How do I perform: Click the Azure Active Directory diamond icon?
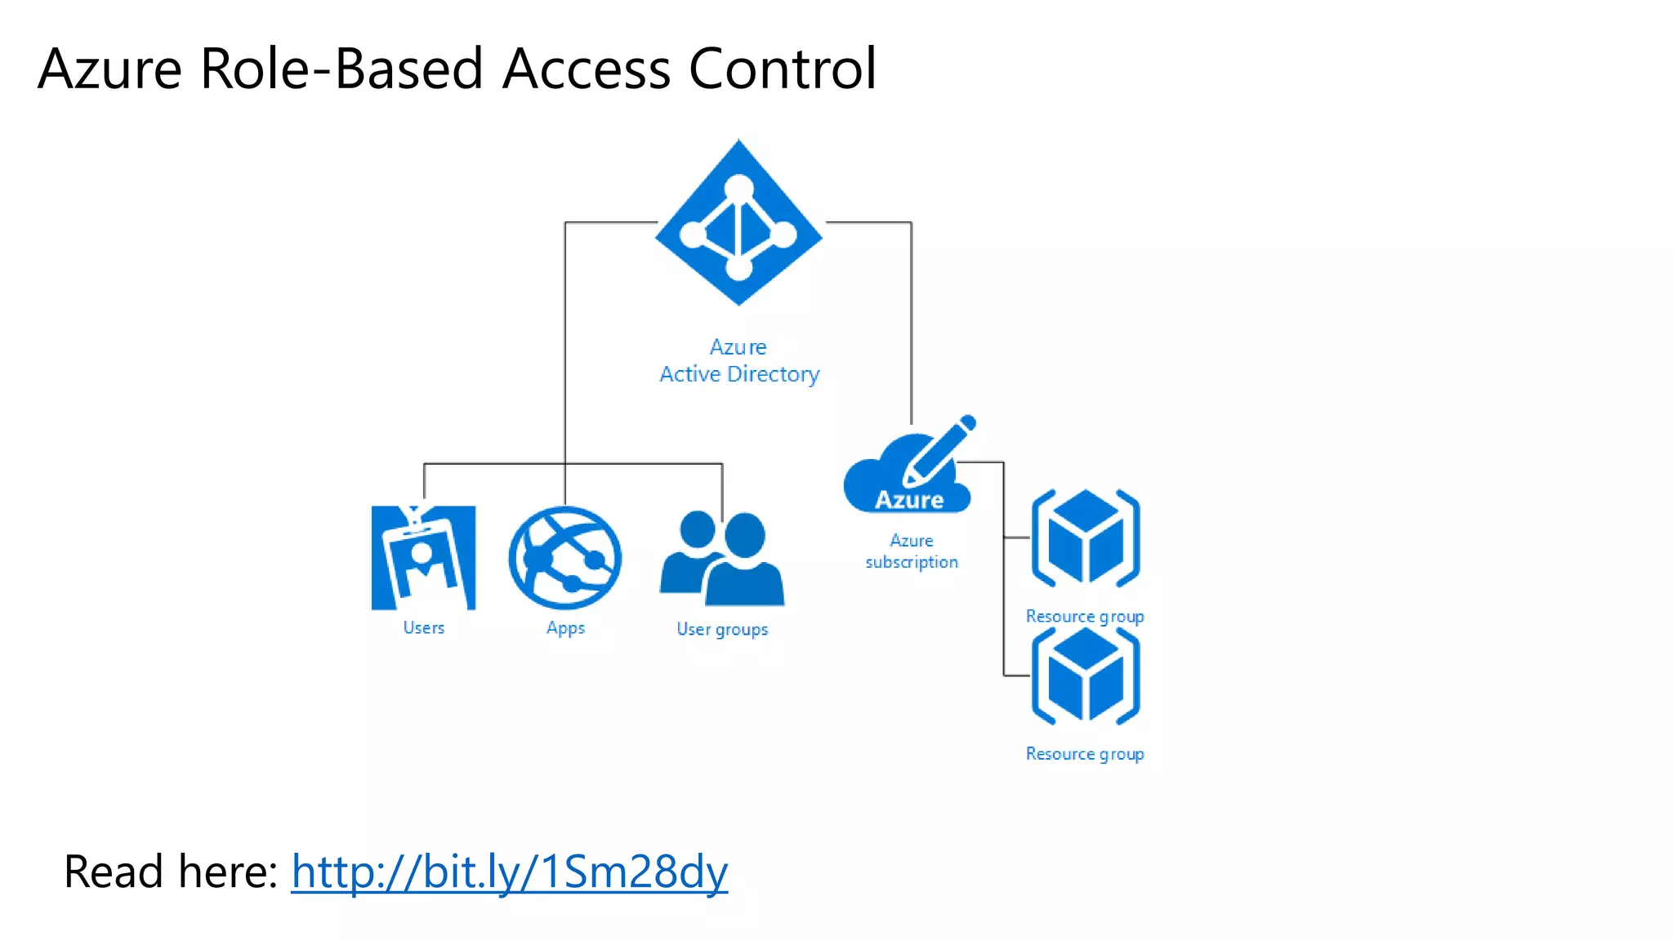pos(738,222)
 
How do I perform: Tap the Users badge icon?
pos(423,559)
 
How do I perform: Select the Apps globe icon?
pos(565,559)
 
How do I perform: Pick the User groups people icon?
pos(722,559)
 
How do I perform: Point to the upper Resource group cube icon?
pos(1085,537)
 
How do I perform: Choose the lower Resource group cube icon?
pos(1085,676)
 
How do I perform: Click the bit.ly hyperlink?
pos(509,872)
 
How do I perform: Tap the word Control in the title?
pos(783,69)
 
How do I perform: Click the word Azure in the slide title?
pos(109,69)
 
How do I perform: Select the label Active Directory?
pos(739,374)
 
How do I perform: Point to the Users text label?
pos(423,627)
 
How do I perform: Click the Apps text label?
pos(565,628)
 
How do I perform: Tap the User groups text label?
pos(722,629)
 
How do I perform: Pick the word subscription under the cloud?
pos(912,562)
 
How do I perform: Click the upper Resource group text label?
pos(1085,617)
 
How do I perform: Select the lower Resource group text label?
pos(1085,754)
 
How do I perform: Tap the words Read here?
pos(171,872)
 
